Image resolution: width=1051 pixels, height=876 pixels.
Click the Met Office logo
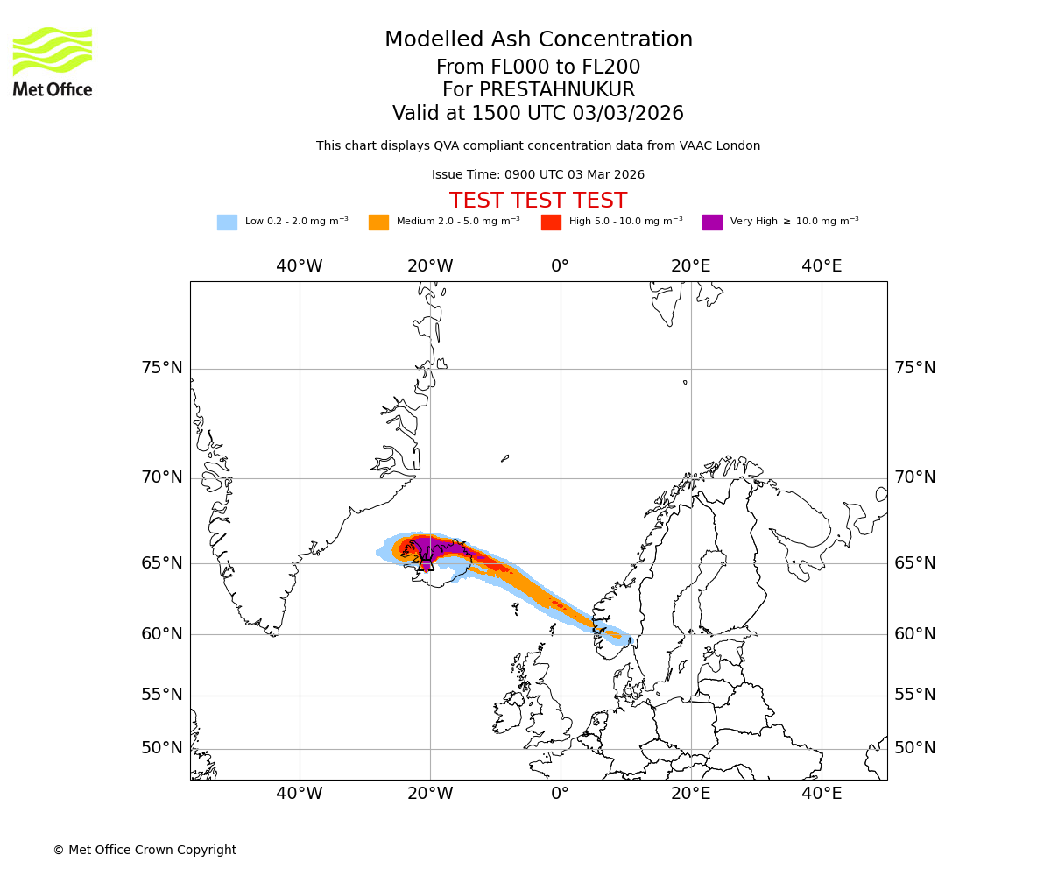click(53, 61)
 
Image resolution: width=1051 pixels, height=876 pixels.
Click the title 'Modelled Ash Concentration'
click(539, 40)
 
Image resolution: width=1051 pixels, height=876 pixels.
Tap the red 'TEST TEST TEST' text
click(538, 201)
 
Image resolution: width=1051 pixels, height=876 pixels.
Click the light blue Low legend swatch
click(227, 222)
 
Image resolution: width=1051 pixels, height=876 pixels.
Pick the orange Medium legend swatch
click(378, 222)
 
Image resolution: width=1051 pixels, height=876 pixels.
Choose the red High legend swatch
click(551, 222)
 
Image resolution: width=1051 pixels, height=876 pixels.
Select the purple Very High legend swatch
click(712, 222)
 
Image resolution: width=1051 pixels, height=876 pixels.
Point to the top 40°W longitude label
click(300, 266)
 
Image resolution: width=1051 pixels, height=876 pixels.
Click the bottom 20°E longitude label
click(691, 794)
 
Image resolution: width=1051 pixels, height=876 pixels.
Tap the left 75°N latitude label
click(162, 368)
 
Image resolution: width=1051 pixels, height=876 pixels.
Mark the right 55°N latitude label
click(915, 695)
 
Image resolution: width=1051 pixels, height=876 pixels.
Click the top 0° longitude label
click(561, 266)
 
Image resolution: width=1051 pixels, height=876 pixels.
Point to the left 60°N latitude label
click(162, 634)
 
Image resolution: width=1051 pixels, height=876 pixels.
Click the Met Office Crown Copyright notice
click(145, 850)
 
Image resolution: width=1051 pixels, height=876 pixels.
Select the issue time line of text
click(538, 175)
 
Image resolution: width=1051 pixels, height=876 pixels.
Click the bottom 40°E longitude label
click(822, 794)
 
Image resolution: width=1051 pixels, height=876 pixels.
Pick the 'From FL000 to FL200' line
click(538, 67)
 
